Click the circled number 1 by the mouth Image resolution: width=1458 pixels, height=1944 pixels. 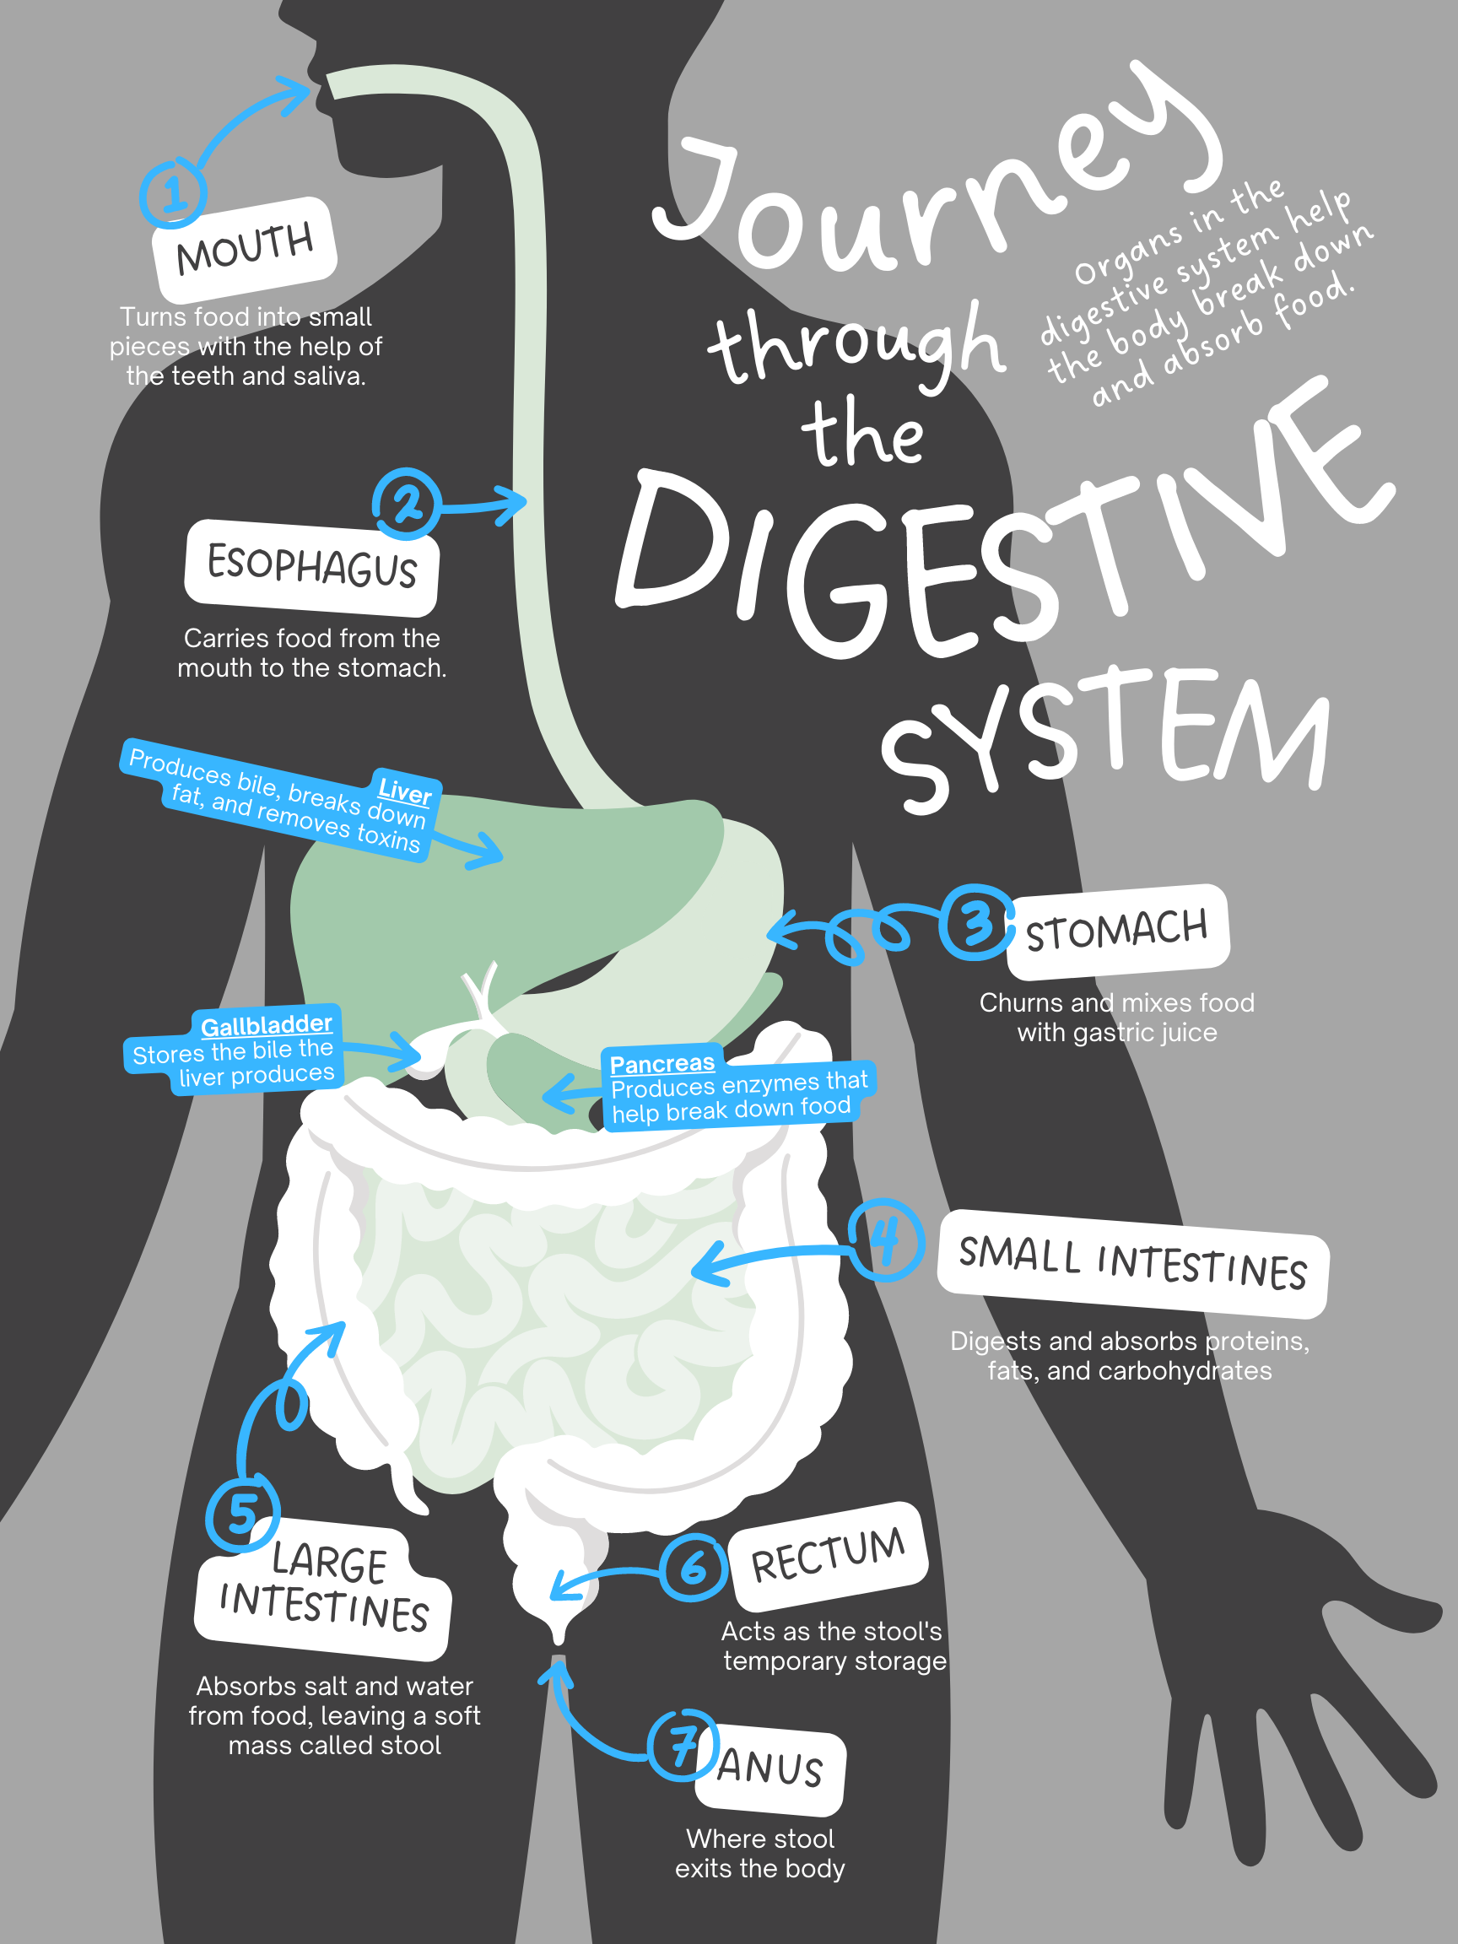[x=173, y=192]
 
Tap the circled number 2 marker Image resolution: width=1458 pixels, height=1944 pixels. [x=406, y=505]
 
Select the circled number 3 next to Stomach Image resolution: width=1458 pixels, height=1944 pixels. [x=975, y=923]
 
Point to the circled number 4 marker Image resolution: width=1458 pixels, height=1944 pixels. [x=886, y=1241]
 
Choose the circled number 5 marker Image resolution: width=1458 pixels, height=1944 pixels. [x=242, y=1515]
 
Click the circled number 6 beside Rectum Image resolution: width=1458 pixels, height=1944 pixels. [x=694, y=1567]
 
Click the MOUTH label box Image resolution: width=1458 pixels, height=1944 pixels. [x=245, y=249]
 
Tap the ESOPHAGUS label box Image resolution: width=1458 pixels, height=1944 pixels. [x=312, y=567]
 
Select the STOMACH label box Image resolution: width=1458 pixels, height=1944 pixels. [x=1117, y=931]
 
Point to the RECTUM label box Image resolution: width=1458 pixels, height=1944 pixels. [x=828, y=1557]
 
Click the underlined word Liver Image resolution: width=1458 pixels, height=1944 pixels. [x=404, y=791]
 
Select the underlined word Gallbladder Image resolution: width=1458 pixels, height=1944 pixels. [x=267, y=1024]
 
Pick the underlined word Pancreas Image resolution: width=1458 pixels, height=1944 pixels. [x=661, y=1063]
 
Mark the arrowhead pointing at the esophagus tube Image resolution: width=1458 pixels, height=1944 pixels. [x=514, y=503]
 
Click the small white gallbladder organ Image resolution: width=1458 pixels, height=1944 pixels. [x=429, y=1053]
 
